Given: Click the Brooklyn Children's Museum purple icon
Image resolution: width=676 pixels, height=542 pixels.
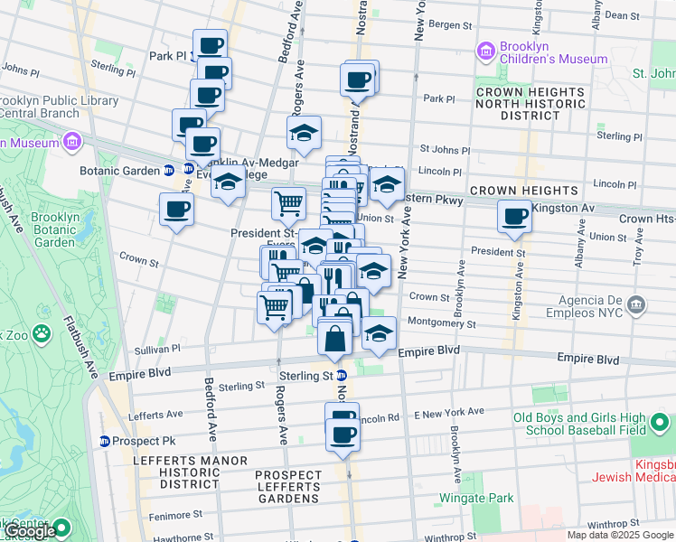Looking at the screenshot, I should point(486,51).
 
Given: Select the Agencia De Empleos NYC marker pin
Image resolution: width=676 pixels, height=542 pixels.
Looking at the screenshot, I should point(638,304).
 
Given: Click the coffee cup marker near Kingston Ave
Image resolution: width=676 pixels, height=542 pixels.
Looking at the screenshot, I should point(514,218).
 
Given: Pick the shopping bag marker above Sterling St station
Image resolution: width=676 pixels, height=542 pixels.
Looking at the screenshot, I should point(334,340).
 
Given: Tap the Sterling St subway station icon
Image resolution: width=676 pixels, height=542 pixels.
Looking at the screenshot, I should point(342,376).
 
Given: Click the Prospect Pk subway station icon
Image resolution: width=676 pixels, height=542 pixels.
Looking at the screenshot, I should point(106,442).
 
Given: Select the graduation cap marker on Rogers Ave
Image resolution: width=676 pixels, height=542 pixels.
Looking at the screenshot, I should point(305,135).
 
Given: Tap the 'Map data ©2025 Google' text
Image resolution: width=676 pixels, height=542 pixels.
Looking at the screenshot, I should point(619,535).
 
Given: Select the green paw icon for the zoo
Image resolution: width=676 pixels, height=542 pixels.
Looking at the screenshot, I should point(42,335).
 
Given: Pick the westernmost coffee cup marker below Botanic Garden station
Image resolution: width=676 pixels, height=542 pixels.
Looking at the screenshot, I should point(176,210).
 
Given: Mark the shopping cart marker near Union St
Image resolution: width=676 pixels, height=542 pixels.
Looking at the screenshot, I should point(288,203).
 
